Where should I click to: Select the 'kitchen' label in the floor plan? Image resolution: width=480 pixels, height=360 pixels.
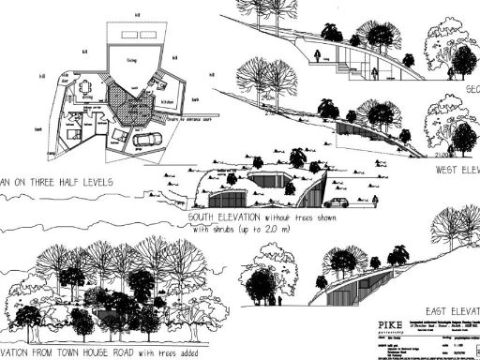pos(171,101)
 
